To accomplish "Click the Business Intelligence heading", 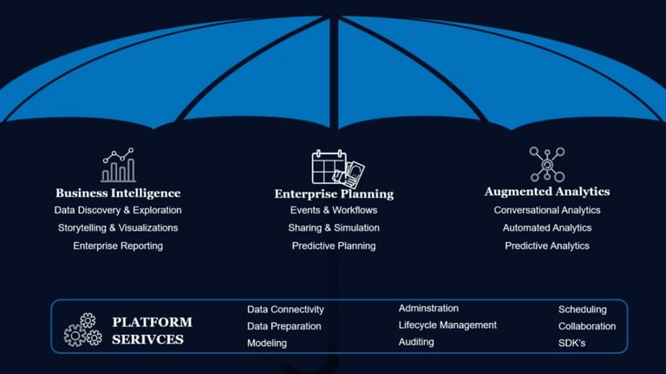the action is pos(118,193).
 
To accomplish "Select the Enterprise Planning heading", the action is pos(334,194).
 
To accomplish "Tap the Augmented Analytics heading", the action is pos(546,191).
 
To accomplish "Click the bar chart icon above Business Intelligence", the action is pos(118,165).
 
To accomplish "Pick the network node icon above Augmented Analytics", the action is pos(546,164).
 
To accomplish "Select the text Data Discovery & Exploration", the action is pos(118,210).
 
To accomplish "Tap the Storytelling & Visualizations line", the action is pos(118,227).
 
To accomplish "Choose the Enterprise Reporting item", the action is pos(118,246).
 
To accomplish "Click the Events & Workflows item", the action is pos(334,210).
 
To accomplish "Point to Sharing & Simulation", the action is pos(334,227).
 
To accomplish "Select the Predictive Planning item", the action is pos(334,246).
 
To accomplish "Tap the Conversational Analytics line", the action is pos(547,210).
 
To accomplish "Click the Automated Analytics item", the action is pos(547,227).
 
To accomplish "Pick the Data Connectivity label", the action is pos(285,309).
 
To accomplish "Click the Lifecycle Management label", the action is pos(447,325).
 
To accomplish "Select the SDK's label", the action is pos(571,343).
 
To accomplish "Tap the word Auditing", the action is pos(416,342).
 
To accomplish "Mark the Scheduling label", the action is pos(582,309).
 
